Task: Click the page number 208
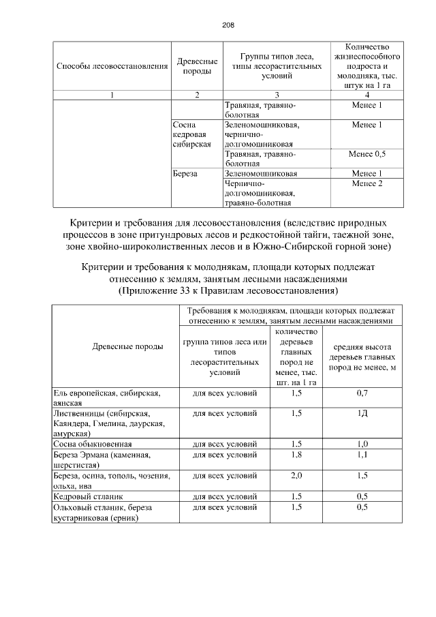click(x=228, y=25)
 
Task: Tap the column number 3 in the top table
click(x=277, y=95)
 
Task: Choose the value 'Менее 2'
click(x=367, y=183)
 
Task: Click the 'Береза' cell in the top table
click(x=185, y=174)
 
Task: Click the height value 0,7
click(x=362, y=393)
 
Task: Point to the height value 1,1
click(x=362, y=453)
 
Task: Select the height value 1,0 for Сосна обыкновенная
click(x=362, y=443)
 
